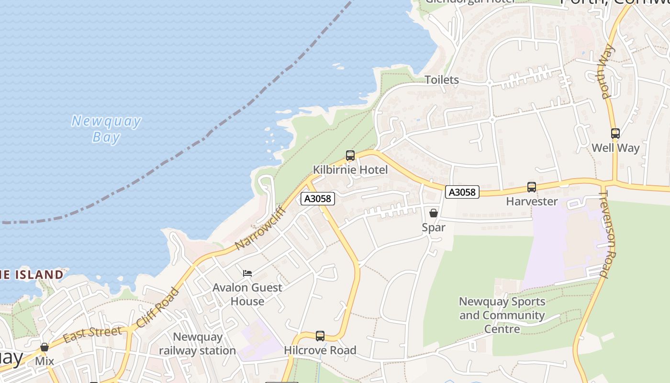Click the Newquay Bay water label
tap(106, 129)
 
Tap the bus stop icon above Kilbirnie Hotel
tap(350, 156)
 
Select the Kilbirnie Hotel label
tap(350, 169)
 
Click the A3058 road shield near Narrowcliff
tap(318, 198)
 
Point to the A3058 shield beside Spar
tap(462, 192)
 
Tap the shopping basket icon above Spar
tap(434, 213)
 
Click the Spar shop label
tap(434, 227)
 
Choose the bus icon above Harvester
tap(531, 187)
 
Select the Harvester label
tap(532, 202)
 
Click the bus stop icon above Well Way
tap(615, 134)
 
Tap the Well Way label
tap(615, 148)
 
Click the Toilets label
tap(442, 80)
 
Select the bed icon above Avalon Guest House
tap(247, 273)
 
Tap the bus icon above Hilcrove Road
tap(320, 336)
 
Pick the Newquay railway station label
tap(197, 344)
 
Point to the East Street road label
tap(92, 334)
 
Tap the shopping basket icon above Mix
tap(45, 347)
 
